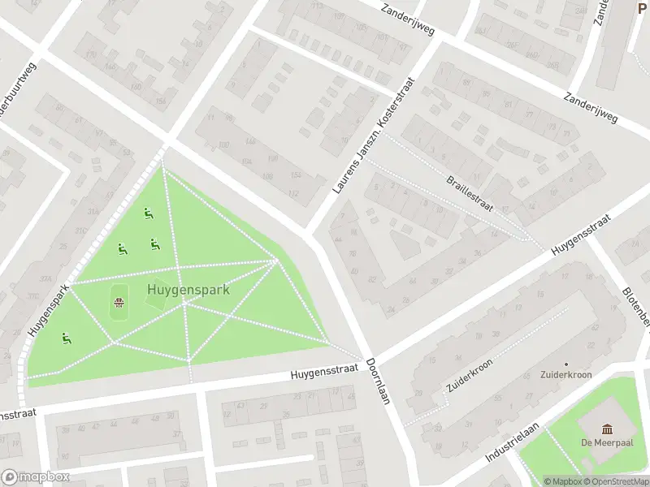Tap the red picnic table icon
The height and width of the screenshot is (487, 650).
point(119,304)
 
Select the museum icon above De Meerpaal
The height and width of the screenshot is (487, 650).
point(607,429)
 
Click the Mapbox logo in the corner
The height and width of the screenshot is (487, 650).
point(36,477)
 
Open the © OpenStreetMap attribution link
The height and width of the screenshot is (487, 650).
point(616,481)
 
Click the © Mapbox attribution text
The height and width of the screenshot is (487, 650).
point(563,481)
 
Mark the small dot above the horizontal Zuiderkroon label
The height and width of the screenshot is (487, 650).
point(565,364)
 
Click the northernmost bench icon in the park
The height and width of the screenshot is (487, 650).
point(148,213)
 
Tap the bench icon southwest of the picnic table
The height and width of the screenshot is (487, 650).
point(65,337)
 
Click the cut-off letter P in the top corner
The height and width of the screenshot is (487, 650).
point(643,9)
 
